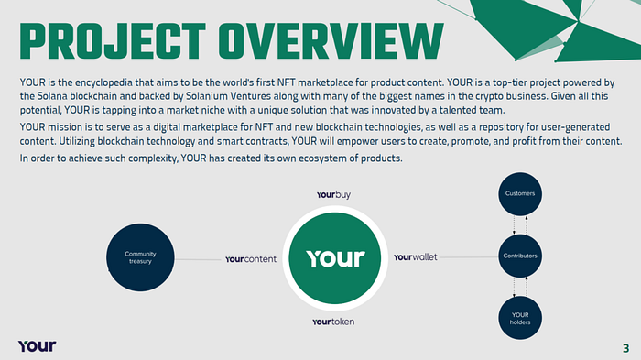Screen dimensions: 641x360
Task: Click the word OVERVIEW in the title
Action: tap(331, 41)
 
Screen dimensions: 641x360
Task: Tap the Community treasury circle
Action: tap(140, 257)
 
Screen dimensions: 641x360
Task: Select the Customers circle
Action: tap(520, 193)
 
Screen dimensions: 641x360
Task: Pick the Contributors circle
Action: tap(520, 256)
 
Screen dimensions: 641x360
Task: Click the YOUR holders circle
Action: tap(520, 318)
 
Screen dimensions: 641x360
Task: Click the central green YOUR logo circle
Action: tap(335, 258)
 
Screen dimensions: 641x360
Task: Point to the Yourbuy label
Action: tap(333, 195)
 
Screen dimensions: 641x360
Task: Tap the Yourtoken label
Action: tap(333, 322)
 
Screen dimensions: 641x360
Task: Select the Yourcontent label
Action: tap(251, 259)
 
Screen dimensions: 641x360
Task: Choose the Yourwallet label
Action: tap(416, 256)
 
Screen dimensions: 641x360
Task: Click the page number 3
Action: tap(625, 348)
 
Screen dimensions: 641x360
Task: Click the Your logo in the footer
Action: tap(38, 346)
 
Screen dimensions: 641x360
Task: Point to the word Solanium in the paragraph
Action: tap(203, 96)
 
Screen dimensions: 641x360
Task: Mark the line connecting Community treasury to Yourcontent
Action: tap(198, 259)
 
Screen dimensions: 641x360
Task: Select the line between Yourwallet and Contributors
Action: tap(468, 257)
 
